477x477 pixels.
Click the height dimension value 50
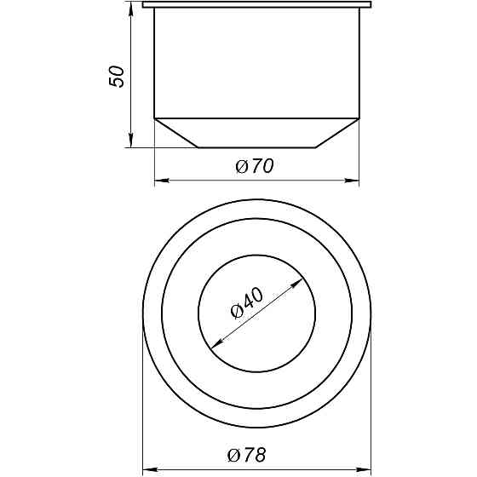[118, 76]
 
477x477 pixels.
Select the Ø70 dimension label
[254, 167]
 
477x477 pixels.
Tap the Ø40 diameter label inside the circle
[248, 303]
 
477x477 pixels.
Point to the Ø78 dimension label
[247, 456]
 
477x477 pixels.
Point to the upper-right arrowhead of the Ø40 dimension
[298, 279]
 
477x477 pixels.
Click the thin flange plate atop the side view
[256, 5]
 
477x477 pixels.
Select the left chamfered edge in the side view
[176, 133]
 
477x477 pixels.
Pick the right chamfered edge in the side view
[337, 133]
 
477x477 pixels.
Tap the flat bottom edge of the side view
[256, 148]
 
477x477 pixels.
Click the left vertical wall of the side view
[154, 64]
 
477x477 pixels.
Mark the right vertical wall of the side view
[359, 64]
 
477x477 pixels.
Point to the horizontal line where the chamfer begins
[256, 118]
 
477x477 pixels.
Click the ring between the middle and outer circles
[256, 210]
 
